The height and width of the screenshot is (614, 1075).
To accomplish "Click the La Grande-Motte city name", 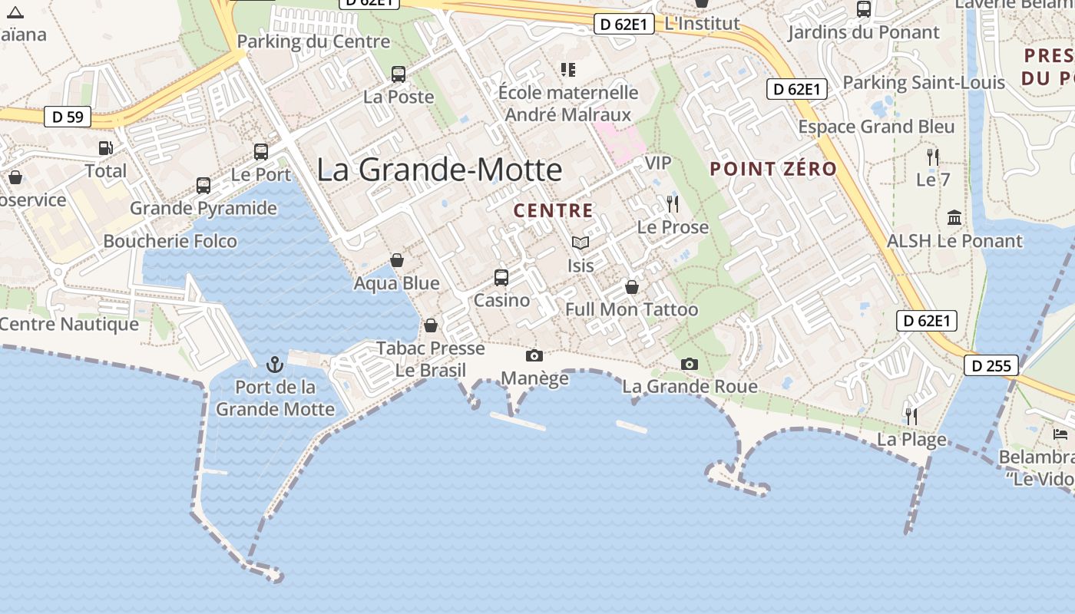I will pos(439,170).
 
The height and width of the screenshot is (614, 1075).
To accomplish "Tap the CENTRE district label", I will pos(553,210).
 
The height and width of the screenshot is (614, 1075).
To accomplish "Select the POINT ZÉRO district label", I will pos(773,169).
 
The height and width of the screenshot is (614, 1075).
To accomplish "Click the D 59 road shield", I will pos(68,117).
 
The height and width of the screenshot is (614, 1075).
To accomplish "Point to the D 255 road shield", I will pos(991,365).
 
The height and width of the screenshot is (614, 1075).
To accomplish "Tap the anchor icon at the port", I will pos(274,365).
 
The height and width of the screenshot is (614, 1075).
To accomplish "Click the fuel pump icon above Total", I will pos(105,148).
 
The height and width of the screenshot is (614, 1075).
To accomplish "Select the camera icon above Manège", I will pos(534,355).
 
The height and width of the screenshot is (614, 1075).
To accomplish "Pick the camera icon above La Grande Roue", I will pos(690,364).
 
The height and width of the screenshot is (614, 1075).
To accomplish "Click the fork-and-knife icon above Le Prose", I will pos(673,204).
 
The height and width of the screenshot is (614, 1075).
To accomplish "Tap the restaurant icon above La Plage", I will pos(911,417).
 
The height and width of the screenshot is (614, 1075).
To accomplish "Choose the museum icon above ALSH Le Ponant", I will pos(954,218).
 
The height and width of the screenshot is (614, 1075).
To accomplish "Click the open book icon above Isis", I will pos(580,243).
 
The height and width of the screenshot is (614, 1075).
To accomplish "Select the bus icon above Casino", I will pos(501,278).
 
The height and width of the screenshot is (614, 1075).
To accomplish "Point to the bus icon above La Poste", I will pos(399,74).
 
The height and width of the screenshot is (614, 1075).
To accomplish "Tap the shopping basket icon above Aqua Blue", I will pos(397,261).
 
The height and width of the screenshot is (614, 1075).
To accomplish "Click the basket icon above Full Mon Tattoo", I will pos(631,287).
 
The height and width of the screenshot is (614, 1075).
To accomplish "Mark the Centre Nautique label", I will pos(69,324).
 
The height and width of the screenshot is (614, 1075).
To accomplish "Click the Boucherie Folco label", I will pos(170,241).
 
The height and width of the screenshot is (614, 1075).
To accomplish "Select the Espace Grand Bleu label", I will pos(876,127).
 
